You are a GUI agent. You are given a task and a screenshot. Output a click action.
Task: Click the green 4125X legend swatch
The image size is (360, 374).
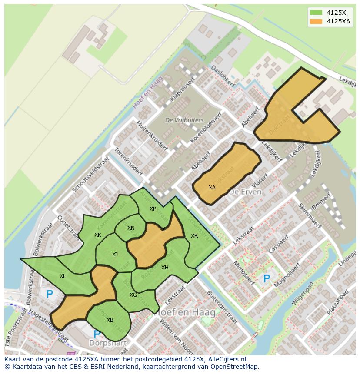(316, 12)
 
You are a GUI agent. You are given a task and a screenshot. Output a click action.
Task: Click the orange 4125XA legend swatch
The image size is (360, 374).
(316, 21)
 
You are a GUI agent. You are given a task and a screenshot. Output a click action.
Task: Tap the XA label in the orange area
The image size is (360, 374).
(212, 188)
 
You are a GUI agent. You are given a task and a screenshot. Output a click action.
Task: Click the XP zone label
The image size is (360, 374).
(153, 209)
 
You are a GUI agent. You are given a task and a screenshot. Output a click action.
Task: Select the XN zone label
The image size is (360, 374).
(131, 228)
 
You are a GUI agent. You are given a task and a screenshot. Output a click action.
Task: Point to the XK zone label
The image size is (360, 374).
(98, 235)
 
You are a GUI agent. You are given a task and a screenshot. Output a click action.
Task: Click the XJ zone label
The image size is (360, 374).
(115, 255)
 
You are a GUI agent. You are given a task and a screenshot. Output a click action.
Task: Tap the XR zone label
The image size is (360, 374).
(194, 236)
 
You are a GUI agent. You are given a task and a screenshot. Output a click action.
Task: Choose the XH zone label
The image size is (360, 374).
(165, 268)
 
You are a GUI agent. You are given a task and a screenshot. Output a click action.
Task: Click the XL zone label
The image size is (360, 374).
(63, 276)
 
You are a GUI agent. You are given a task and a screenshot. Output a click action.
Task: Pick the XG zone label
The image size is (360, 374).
(133, 295)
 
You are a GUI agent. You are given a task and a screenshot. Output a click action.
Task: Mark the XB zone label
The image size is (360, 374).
(110, 320)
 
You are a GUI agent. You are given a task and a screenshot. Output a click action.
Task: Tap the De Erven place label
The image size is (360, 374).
(245, 192)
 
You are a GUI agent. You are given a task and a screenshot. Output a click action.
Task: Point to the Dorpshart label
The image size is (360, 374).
(108, 343)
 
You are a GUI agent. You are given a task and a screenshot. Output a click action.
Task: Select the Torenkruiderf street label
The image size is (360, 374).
(129, 161)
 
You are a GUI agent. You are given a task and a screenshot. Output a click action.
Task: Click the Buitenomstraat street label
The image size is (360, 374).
(222, 308)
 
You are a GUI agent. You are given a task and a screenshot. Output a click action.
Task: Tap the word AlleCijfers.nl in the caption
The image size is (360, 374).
(226, 359)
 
